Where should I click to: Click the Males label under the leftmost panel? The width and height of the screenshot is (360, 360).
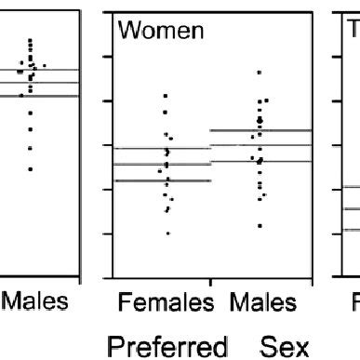pyautogui.click(x=31, y=302)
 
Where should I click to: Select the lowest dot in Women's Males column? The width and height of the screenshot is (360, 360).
pyautogui.click(x=260, y=225)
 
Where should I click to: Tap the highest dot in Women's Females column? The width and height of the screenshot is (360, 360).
pyautogui.click(x=166, y=96)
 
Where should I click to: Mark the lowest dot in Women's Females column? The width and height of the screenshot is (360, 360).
pyautogui.click(x=168, y=233)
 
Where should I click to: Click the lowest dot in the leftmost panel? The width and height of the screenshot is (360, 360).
pyautogui.click(x=30, y=168)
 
